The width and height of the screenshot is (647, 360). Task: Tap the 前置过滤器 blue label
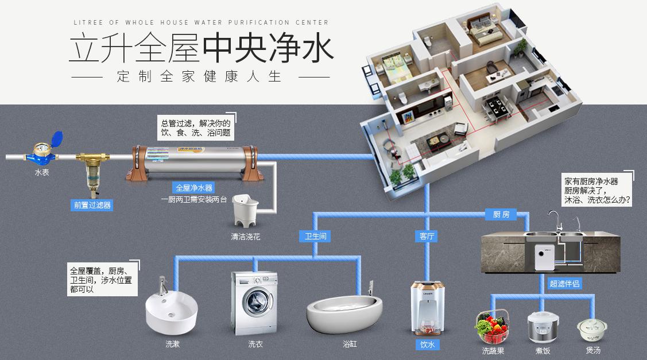click(x=92, y=204)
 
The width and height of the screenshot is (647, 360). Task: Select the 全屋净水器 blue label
click(x=194, y=188)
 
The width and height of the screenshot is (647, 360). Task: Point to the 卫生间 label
click(x=316, y=236)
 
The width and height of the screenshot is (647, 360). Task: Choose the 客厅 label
click(x=427, y=236)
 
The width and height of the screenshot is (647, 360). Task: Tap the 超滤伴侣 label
click(x=564, y=283)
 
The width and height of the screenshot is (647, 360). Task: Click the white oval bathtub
click(x=343, y=313)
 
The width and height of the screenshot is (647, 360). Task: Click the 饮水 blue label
click(x=427, y=344)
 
